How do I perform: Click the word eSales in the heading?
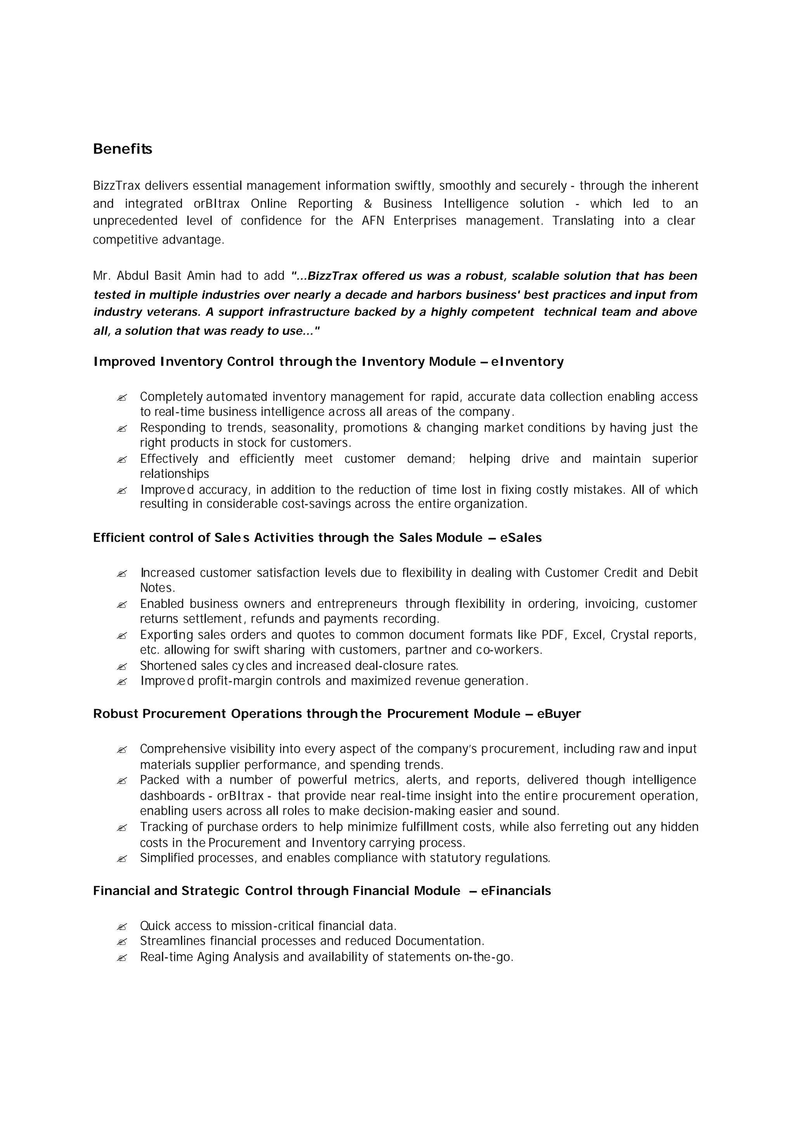click(521, 538)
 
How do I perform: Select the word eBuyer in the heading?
click(559, 714)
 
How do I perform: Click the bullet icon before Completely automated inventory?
click(122, 397)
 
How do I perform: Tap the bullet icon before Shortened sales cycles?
click(122, 667)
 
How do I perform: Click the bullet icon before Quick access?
click(122, 927)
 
